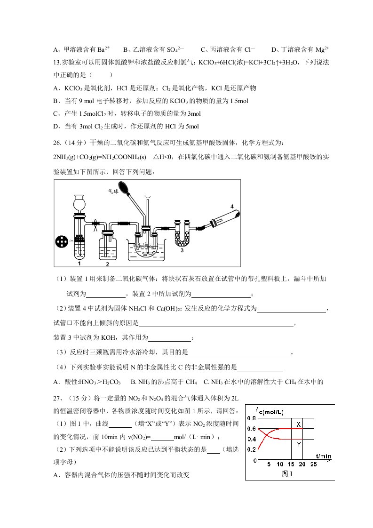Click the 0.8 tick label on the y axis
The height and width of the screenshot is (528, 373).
[x=252, y=418]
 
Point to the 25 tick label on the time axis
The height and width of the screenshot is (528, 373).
[x=313, y=464]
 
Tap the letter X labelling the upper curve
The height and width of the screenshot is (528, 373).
[x=298, y=424]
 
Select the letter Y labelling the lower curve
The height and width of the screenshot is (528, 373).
[x=299, y=445]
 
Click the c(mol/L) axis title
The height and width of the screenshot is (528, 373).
[x=271, y=412]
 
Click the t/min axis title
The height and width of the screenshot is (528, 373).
[x=323, y=456]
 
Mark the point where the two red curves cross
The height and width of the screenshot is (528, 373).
[x=266, y=434]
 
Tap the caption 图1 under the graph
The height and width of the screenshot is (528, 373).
[x=287, y=474]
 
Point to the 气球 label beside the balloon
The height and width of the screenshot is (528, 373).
[x=113, y=191]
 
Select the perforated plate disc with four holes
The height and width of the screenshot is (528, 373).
[x=62, y=241]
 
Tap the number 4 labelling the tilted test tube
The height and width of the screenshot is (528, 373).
[x=232, y=207]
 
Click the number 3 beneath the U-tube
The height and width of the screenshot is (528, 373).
[x=182, y=250]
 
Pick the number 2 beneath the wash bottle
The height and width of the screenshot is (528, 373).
[x=107, y=264]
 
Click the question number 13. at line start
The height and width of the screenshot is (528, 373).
[x=57, y=62]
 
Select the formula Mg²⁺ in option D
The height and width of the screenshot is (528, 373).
[x=322, y=49]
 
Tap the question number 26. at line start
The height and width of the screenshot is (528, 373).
[x=57, y=143]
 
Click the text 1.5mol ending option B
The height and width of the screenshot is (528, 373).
[x=239, y=101]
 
